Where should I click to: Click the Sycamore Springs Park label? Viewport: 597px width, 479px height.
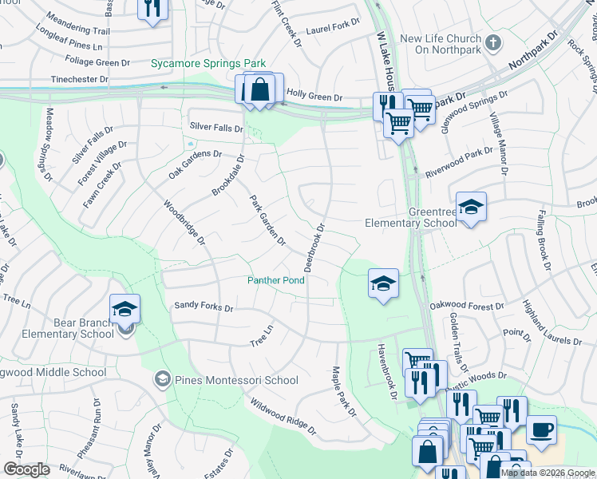coord(209,63)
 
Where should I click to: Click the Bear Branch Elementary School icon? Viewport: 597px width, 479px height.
coord(125,308)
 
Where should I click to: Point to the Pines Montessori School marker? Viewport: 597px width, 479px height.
coord(164,378)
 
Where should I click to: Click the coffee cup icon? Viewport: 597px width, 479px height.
coord(542,430)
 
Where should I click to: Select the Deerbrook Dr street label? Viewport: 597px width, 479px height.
coord(314,247)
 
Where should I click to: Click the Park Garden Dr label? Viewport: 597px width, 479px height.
coord(267,220)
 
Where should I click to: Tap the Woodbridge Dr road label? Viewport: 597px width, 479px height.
coord(184,223)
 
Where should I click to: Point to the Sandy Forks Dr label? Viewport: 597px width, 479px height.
coord(204,307)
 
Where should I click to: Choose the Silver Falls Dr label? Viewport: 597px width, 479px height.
coord(215,128)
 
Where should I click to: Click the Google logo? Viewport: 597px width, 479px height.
coord(26,469)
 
